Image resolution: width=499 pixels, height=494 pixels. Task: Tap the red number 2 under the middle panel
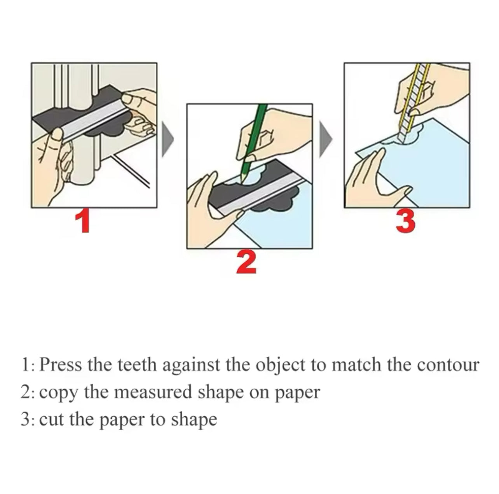pyautogui.click(x=246, y=262)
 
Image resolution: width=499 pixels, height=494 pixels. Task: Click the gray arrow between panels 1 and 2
pyautogui.click(x=168, y=139)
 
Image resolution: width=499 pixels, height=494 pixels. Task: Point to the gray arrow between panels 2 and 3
pyautogui.click(x=326, y=139)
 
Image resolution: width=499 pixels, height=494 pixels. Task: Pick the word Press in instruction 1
pyautogui.click(x=61, y=365)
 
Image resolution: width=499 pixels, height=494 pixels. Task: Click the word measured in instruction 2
pyautogui.click(x=154, y=392)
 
